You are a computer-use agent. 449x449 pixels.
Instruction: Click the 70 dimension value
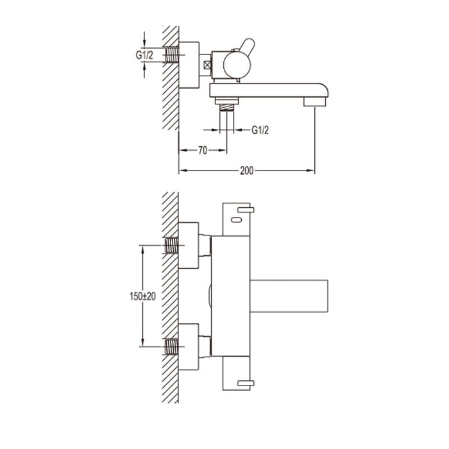202,151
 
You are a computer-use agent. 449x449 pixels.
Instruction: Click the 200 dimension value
246,171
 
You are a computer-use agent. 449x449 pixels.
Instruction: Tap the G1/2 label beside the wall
144,55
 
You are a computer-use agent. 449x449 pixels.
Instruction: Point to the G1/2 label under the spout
260,130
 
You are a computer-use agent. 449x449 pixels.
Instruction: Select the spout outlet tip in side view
315,101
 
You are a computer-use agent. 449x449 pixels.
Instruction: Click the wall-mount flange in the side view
189,65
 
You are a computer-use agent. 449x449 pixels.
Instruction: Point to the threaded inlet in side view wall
171,56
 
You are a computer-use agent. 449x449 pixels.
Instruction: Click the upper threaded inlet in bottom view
171,244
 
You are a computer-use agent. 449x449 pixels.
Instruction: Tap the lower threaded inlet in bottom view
171,347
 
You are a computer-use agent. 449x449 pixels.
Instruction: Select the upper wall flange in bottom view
189,245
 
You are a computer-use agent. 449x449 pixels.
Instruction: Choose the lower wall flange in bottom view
189,347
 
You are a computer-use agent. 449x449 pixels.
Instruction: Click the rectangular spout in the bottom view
289,296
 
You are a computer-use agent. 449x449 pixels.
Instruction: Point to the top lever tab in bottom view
246,209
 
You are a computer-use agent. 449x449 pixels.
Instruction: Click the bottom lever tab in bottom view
246,383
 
